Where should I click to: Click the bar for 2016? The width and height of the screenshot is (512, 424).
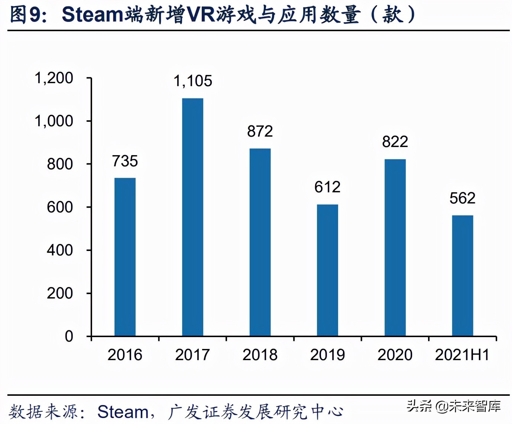pos(125,257)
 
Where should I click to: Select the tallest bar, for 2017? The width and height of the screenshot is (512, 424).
pos(192,217)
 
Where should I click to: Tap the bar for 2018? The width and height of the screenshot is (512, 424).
pos(260,242)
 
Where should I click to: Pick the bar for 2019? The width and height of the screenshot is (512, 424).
pos(327,270)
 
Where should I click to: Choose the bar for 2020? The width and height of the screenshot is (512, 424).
pos(395,248)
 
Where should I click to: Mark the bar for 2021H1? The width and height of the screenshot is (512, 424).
pos(463,275)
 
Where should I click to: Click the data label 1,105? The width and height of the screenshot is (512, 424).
pos(192,81)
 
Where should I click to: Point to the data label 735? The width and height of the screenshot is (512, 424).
pos(125,161)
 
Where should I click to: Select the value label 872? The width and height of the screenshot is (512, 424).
pos(260,131)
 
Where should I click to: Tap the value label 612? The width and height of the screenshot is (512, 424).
pos(327,187)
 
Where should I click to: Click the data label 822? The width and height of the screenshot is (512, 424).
pos(395,142)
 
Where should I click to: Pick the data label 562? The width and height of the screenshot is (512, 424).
pos(463,198)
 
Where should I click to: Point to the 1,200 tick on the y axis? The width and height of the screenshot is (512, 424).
pos(54,78)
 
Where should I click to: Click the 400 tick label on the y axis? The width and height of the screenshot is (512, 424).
pos(60,250)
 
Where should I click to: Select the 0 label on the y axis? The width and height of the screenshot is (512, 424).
pos(69,336)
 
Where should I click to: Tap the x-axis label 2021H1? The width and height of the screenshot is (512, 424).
pos(462,355)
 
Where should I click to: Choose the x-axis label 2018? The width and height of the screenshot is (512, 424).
pos(260,355)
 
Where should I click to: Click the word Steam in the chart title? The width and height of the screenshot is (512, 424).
pos(93,15)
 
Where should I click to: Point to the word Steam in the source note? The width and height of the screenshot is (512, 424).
pos(123,412)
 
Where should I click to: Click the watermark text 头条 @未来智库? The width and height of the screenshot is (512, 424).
pos(454,406)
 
